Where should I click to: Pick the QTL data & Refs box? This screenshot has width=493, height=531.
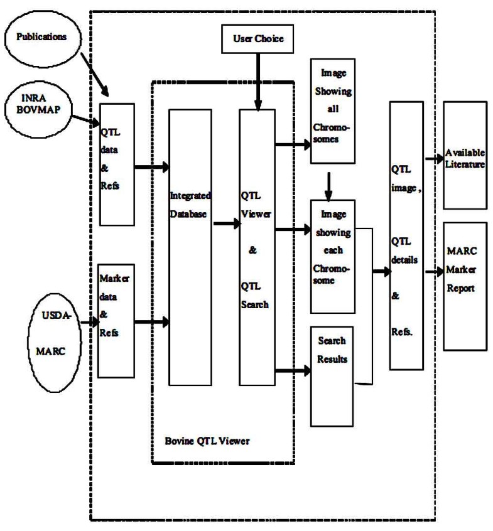coord(117,164)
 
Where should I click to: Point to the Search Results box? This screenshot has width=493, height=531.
coord(333,375)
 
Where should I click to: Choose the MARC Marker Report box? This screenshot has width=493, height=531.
coord(465,286)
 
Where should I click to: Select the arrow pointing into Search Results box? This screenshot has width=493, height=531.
coord(293,371)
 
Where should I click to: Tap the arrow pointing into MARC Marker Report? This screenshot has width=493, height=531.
coord(433,272)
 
